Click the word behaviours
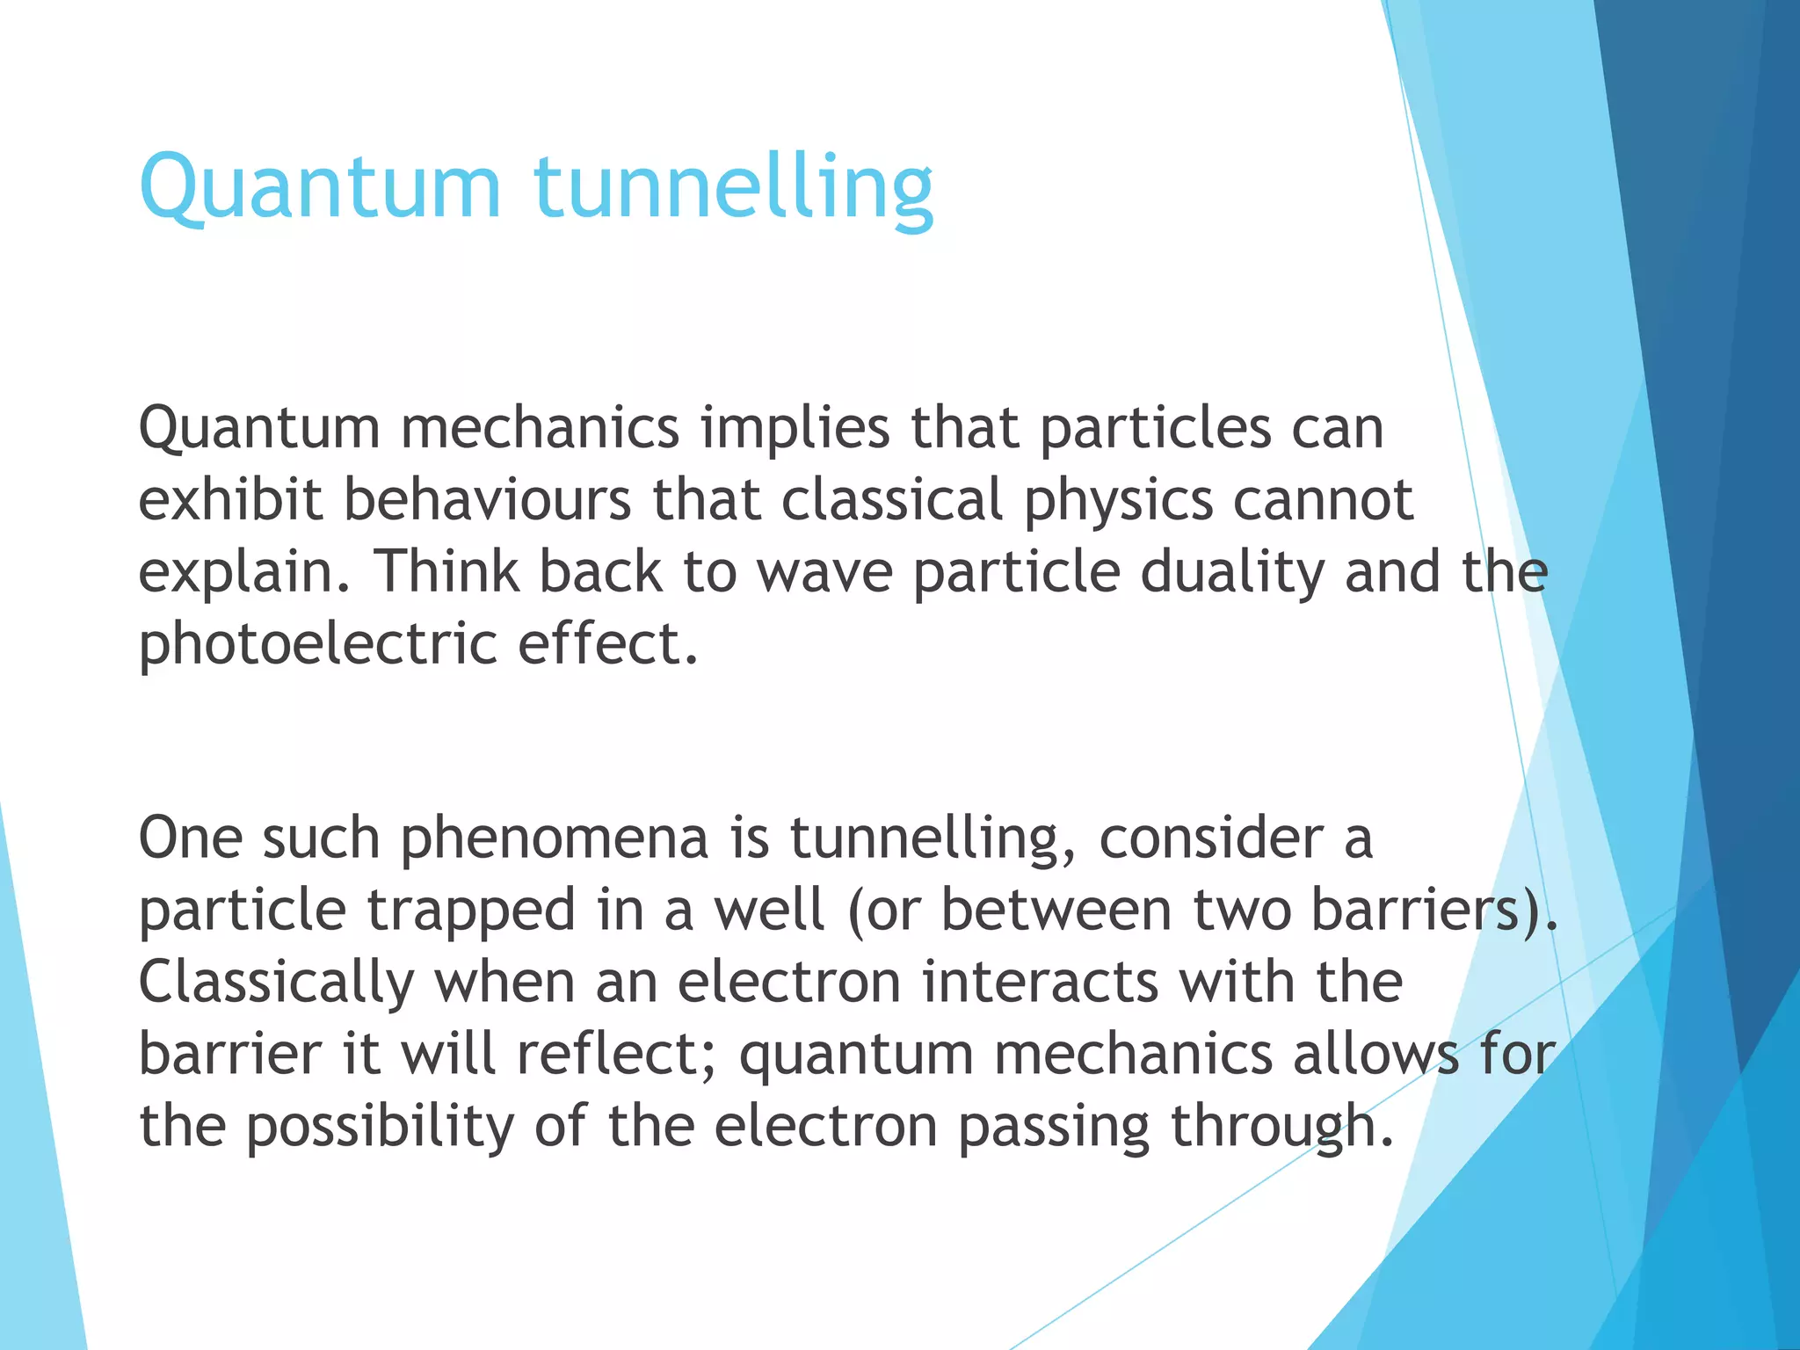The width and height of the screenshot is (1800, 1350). [487, 500]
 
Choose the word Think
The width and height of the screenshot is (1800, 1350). [447, 570]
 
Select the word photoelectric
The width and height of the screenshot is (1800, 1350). [318, 644]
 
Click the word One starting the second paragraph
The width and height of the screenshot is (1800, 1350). [190, 838]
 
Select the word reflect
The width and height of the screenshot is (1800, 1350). [617, 1054]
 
